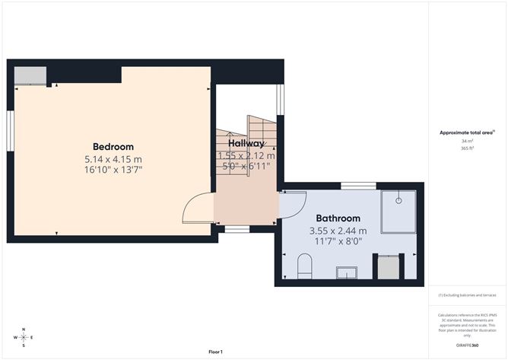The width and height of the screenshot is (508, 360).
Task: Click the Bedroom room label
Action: (113, 147)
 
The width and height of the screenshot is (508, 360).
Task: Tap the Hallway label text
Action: (246, 143)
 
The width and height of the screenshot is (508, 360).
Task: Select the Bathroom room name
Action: (338, 218)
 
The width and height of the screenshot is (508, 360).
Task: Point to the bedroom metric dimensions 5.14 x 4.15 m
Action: (113, 159)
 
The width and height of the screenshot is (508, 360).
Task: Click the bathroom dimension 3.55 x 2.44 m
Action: (338, 231)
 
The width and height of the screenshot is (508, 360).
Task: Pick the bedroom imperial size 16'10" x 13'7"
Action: (113, 170)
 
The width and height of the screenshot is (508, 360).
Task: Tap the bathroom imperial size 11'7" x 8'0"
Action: (338, 241)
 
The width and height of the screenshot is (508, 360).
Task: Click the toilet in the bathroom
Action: (305, 266)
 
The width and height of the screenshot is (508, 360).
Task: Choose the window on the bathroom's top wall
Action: (357, 185)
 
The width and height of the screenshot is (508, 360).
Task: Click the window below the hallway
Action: (238, 228)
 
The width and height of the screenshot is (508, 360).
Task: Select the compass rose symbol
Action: (24, 336)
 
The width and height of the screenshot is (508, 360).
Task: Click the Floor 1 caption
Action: (215, 352)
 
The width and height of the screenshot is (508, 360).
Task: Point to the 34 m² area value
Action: (467, 141)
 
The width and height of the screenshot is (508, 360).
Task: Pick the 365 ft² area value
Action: (467, 148)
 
